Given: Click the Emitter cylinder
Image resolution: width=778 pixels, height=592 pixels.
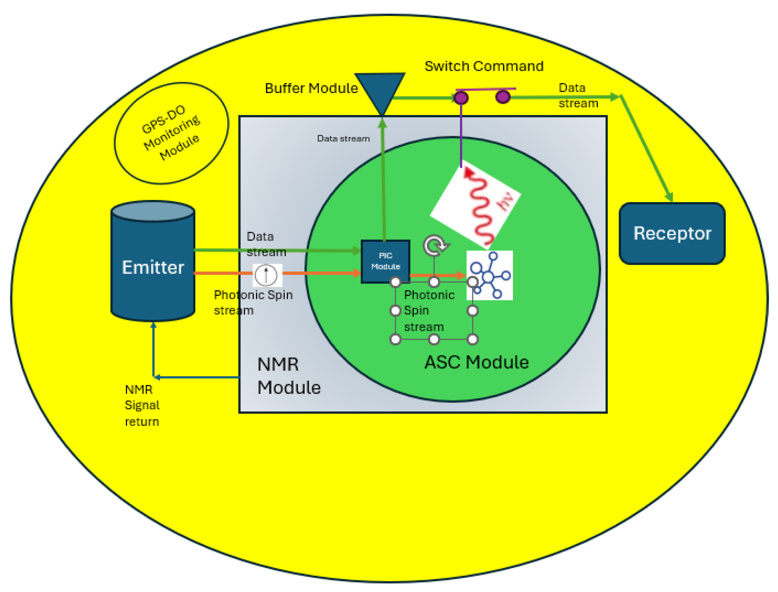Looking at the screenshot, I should (153, 267).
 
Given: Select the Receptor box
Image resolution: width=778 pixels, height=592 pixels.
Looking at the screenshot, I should (672, 234).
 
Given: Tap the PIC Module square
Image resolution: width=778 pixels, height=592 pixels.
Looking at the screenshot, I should (385, 262).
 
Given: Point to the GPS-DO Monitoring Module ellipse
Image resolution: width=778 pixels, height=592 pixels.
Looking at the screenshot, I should (171, 133).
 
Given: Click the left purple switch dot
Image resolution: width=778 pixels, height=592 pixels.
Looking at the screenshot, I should (461, 98).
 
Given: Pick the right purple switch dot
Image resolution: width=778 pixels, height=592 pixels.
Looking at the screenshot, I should (503, 97).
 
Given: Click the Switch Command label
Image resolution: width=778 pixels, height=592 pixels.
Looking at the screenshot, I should (484, 66).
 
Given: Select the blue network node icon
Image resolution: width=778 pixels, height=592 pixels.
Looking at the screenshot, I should (490, 275).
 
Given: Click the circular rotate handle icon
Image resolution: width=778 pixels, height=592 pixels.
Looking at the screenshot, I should (435, 246).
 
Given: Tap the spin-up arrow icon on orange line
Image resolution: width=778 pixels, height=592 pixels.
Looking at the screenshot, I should (267, 275).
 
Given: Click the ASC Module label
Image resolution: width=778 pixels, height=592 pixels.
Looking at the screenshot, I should (476, 362).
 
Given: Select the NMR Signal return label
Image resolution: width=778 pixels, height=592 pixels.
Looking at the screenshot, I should (142, 405).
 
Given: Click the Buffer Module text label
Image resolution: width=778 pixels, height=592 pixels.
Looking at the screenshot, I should (311, 88).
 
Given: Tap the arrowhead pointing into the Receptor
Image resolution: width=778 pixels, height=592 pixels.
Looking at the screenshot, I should (669, 197).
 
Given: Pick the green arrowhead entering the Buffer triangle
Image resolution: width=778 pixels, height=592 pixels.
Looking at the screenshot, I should (382, 124).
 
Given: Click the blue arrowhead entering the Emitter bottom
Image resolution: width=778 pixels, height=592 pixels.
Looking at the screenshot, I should (153, 325).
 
